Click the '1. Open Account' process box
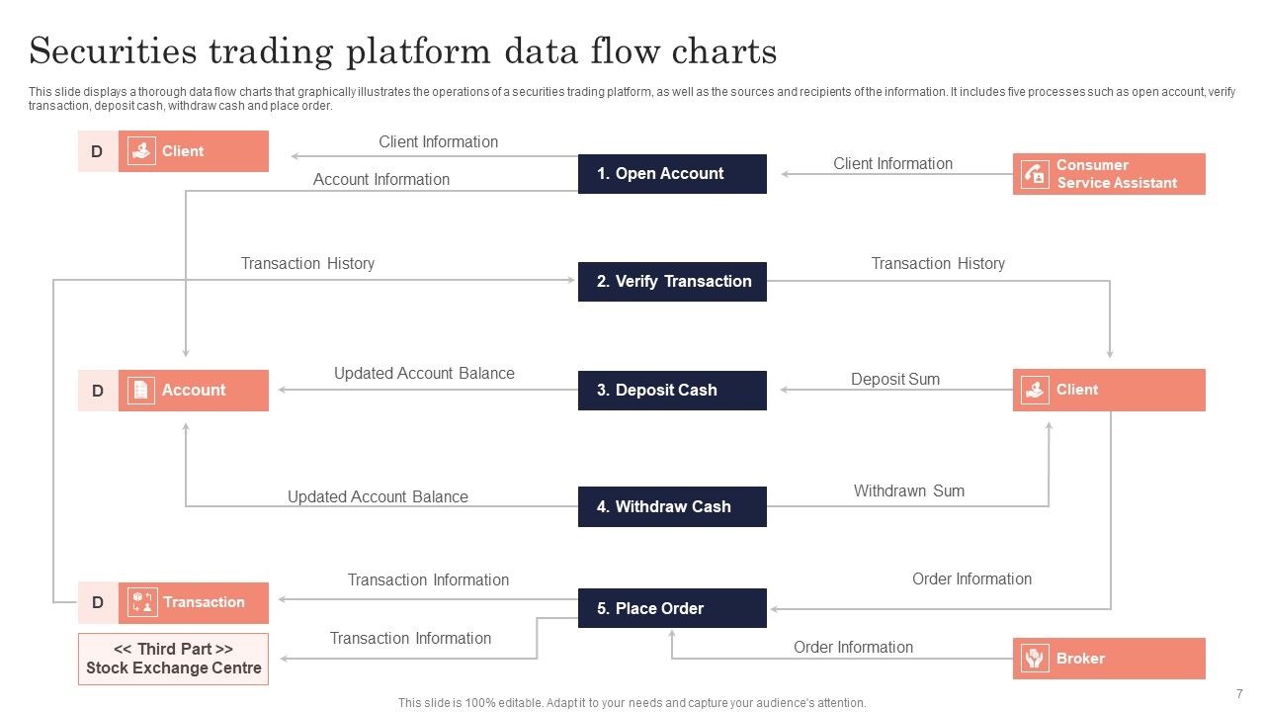pos(672,174)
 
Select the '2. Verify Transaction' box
pos(672,282)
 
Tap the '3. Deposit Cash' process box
pos(672,391)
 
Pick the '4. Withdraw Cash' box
pos(672,506)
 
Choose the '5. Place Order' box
pos(672,608)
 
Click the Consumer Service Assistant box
pos(1109,174)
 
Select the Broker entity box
pos(1109,659)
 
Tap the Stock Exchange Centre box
pos(173,659)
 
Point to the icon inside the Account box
pos(141,391)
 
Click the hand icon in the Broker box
pos(1035,659)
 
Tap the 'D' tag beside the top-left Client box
pos(97,152)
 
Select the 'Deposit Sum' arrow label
pos(895,380)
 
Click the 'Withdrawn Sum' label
pos(908,490)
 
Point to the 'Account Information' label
pos(380,180)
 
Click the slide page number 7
pos(1239,694)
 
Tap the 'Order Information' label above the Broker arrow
pos(853,647)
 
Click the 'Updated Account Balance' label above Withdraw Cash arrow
pos(378,496)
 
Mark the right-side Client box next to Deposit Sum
pos(1109,391)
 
